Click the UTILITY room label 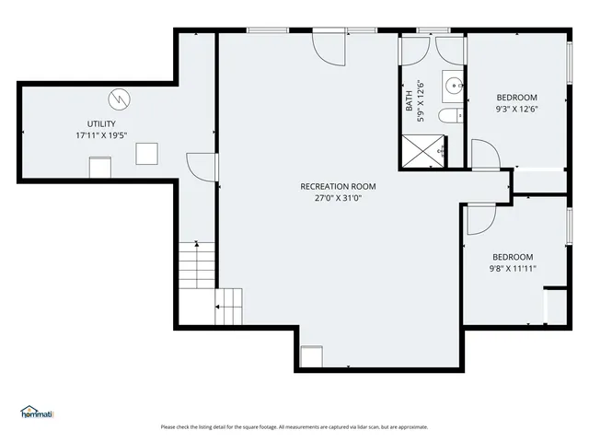[101, 123]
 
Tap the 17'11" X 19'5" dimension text [101, 135]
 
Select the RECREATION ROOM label [338, 186]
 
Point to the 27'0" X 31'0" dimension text [338, 198]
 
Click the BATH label [409, 100]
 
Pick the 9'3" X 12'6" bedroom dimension [517, 109]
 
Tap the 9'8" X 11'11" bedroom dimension [513, 268]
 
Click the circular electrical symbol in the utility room [120, 99]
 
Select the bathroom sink [453, 86]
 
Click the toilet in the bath [450, 115]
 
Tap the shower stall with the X [423, 151]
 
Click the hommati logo [37, 412]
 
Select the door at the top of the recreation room [329, 49]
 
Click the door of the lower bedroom [481, 220]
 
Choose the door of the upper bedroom [486, 154]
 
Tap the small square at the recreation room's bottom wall [312, 356]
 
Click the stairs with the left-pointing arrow [229, 307]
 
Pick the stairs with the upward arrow [197, 265]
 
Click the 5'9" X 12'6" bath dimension [421, 100]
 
